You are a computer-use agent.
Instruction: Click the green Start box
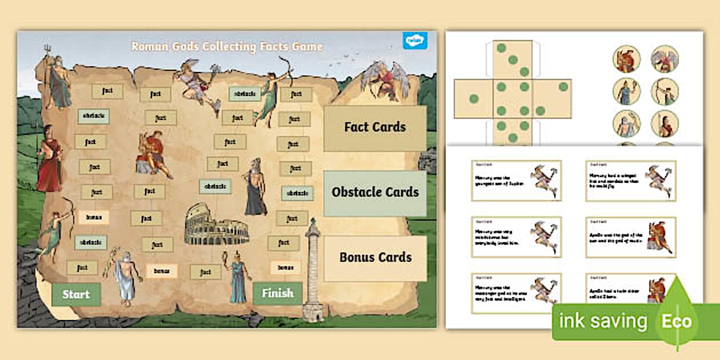(76, 294)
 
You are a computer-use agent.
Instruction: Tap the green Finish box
(277, 294)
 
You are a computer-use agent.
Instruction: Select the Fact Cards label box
(375, 127)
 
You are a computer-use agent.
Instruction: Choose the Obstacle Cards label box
(375, 193)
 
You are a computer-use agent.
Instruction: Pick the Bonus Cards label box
(375, 258)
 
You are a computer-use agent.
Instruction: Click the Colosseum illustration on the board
(209, 229)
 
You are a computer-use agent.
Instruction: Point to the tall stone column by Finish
(313, 269)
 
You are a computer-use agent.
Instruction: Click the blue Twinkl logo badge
(412, 41)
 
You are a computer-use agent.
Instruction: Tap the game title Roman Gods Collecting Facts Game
(227, 46)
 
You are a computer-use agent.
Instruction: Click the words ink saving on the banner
(603, 321)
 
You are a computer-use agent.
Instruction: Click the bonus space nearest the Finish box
(285, 267)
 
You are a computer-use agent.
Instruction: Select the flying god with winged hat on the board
(197, 83)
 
